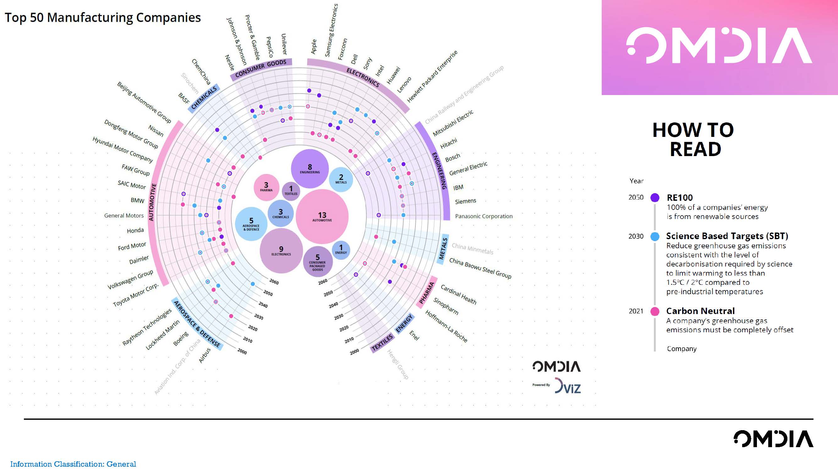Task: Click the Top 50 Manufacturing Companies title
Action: pos(103,18)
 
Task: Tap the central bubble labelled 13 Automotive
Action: pos(322,216)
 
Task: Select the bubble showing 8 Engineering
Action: pos(310,169)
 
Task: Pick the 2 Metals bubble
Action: pos(341,179)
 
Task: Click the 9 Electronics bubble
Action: pos(281,251)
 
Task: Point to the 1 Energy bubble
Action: pos(341,250)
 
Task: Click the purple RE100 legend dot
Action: pos(655,197)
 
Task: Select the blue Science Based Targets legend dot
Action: pos(655,237)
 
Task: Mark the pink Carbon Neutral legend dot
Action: pos(655,311)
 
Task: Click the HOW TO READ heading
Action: pos(693,139)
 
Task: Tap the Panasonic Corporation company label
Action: pos(484,216)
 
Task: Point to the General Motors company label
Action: pos(123,216)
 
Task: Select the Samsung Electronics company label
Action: pos(331,30)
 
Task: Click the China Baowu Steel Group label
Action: pos(480,268)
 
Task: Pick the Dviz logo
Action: pos(568,386)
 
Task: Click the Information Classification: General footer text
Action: pos(73,464)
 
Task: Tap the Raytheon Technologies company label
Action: pos(147,327)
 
